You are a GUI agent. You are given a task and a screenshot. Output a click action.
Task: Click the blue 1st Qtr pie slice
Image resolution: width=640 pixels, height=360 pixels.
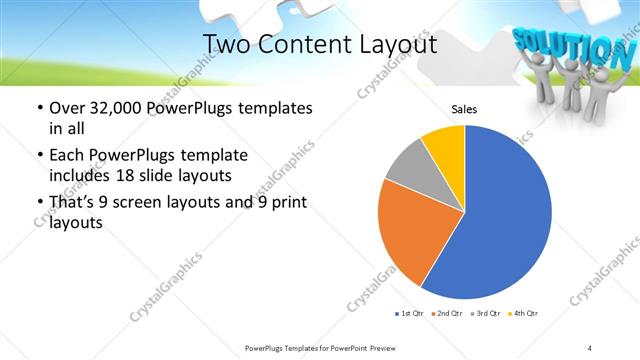505,220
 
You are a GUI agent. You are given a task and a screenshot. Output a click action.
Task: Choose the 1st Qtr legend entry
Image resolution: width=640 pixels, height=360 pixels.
409,314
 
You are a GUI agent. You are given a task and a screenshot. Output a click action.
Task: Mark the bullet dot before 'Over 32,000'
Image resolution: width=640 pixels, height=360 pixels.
39,108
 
